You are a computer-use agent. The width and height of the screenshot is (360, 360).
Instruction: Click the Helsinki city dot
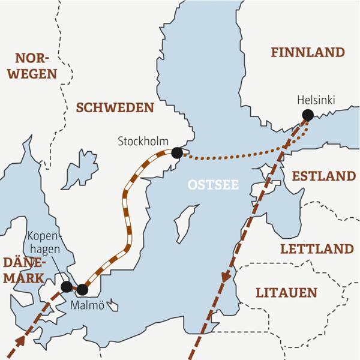308,115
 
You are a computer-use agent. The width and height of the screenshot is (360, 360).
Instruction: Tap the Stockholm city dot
177,153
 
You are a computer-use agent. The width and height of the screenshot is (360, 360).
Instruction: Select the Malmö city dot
83,290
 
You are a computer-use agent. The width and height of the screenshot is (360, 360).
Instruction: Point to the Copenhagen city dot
67,286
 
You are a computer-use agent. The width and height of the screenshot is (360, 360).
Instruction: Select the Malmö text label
88,305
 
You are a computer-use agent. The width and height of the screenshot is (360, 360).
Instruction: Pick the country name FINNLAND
308,53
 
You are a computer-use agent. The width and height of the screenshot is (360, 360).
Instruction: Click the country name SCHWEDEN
115,107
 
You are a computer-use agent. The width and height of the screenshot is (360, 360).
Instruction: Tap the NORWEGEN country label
36,66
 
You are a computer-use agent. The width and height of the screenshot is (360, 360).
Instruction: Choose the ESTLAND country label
324,176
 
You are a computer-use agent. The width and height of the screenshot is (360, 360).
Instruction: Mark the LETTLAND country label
317,248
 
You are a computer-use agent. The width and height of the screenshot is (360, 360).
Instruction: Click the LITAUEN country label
286,293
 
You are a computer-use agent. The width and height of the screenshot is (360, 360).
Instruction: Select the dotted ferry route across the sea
240,158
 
